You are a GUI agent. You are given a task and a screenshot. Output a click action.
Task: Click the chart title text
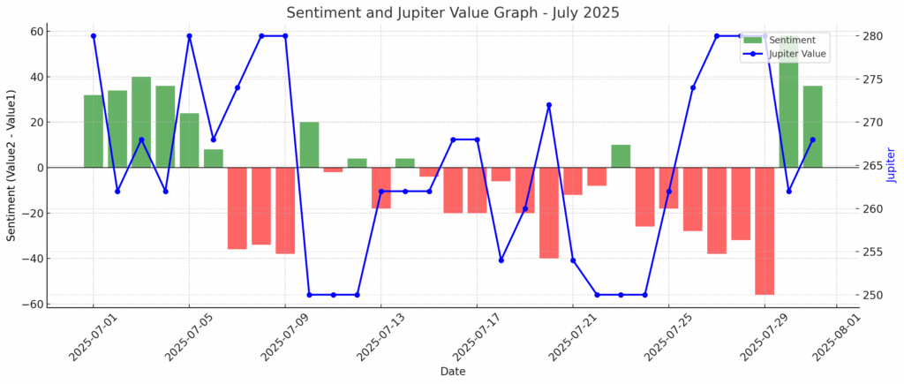pos(452,12)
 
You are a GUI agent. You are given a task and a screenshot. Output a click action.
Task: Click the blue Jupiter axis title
pos(891,165)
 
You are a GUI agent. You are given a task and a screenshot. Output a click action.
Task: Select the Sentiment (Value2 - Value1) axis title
pos(11,165)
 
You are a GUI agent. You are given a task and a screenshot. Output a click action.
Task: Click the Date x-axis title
pos(452,372)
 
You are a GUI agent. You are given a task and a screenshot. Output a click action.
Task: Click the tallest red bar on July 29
pos(765,230)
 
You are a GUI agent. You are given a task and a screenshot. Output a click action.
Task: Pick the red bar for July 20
pos(549,212)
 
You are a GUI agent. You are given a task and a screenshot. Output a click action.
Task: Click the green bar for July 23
pos(621,156)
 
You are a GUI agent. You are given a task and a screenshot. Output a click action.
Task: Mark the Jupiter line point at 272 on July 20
pos(549,105)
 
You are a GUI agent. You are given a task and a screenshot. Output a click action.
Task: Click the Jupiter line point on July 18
pos(501,260)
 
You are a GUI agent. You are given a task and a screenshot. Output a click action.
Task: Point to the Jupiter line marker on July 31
pos(812,139)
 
